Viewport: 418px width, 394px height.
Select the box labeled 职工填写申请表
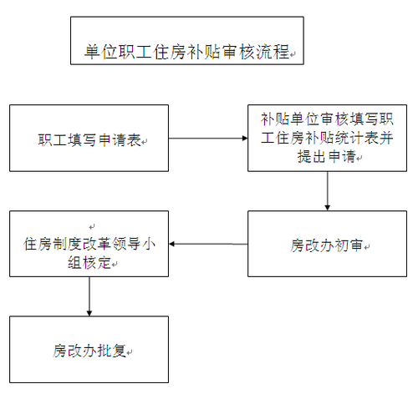(89, 139)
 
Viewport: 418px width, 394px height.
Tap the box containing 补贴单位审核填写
(326, 139)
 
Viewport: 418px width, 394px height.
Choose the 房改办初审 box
(326, 245)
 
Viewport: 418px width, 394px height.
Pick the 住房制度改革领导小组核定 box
(89, 245)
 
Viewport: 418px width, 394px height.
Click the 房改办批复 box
(89, 349)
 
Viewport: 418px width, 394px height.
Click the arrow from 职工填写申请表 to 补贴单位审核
(208, 139)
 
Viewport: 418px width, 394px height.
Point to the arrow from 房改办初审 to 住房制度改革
(208, 245)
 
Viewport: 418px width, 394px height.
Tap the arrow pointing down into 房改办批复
(89, 296)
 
